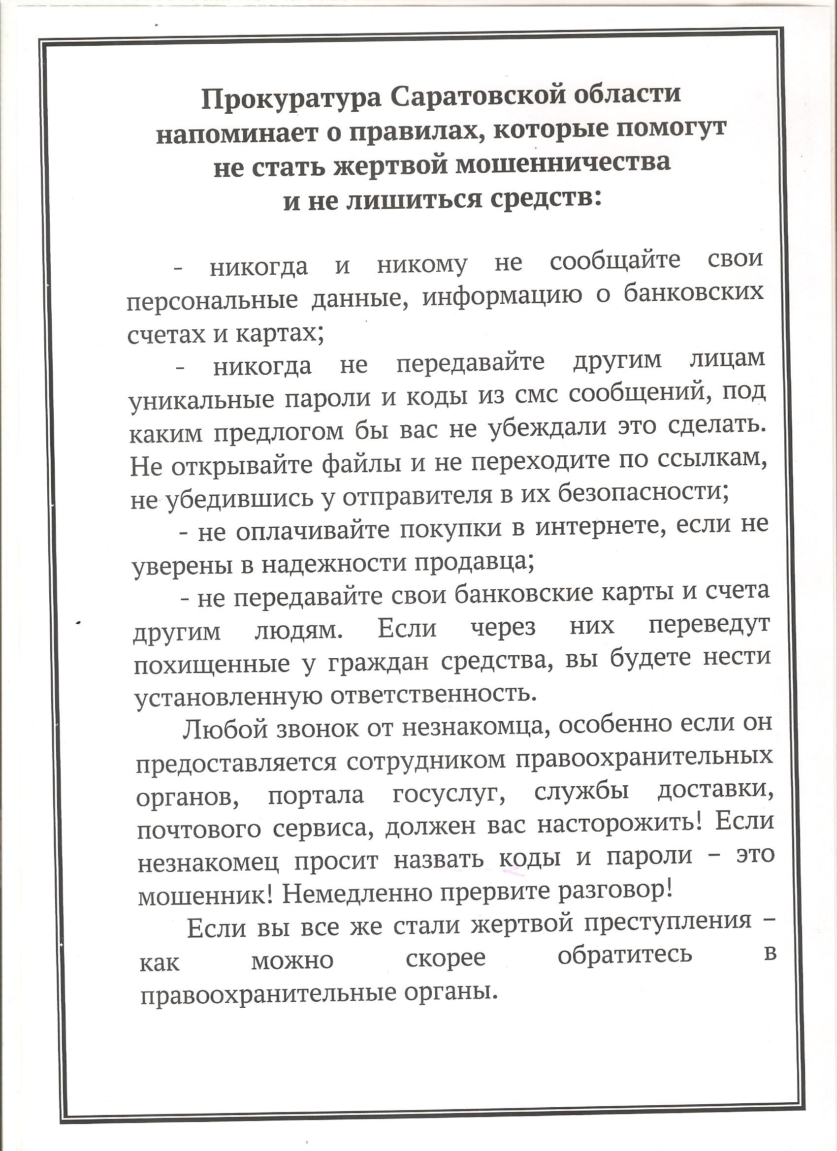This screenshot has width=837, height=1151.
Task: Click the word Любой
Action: point(225,730)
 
